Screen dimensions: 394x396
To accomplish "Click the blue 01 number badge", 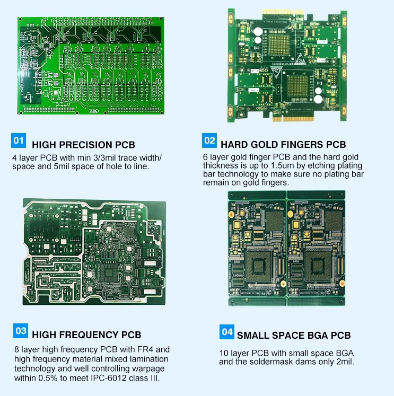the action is tap(19, 140).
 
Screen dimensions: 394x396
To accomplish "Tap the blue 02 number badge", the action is tap(209, 140).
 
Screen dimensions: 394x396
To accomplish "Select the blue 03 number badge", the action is tap(21, 331).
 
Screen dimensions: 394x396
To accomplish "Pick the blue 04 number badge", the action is tap(227, 332).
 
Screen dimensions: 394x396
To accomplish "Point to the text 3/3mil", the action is tap(104, 158).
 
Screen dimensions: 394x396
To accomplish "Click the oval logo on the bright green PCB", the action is tap(93, 111).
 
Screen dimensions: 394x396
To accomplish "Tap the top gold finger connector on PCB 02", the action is tap(283, 12).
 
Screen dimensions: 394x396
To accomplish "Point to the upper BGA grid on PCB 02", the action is tap(279, 45).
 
